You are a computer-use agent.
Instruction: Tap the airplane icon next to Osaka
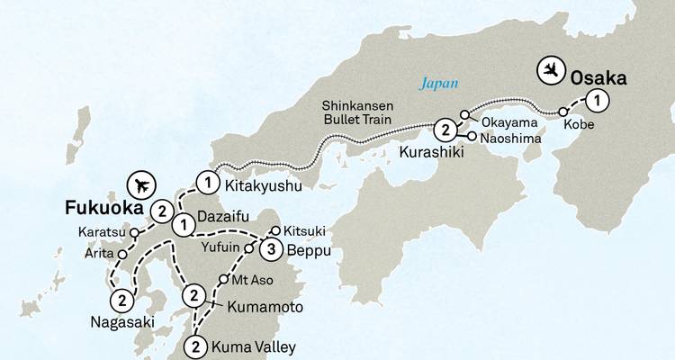[x=552, y=68]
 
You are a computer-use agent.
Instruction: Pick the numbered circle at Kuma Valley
[x=196, y=346]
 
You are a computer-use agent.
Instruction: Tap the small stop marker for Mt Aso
[x=224, y=280]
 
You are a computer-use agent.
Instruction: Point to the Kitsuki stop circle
[x=275, y=230]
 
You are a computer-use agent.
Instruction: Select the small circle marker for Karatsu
[x=134, y=232]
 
